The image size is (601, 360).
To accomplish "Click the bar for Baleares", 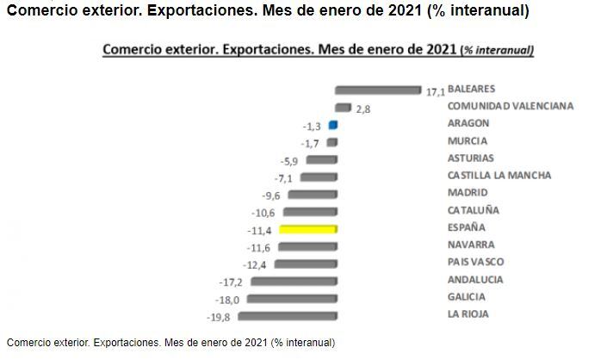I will click(379, 90).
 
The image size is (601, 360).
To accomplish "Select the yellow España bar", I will click(308, 228).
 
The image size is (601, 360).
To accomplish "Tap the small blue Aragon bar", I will click(333, 125).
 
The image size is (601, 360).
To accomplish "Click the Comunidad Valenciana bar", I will click(343, 108).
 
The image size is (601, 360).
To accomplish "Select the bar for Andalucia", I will click(294, 281).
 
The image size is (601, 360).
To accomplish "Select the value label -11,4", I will click(260, 230).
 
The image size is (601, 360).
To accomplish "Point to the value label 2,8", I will click(362, 110).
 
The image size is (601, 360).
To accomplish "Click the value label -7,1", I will click(284, 178).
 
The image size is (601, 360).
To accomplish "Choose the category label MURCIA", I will click(468, 141).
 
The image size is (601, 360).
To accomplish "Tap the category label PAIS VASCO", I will click(476, 262).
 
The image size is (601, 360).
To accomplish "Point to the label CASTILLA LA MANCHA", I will click(499, 176).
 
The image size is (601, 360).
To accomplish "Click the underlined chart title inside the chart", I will click(318, 49).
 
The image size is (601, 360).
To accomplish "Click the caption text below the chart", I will click(170, 342).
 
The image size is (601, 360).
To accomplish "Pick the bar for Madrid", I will click(312, 194).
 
